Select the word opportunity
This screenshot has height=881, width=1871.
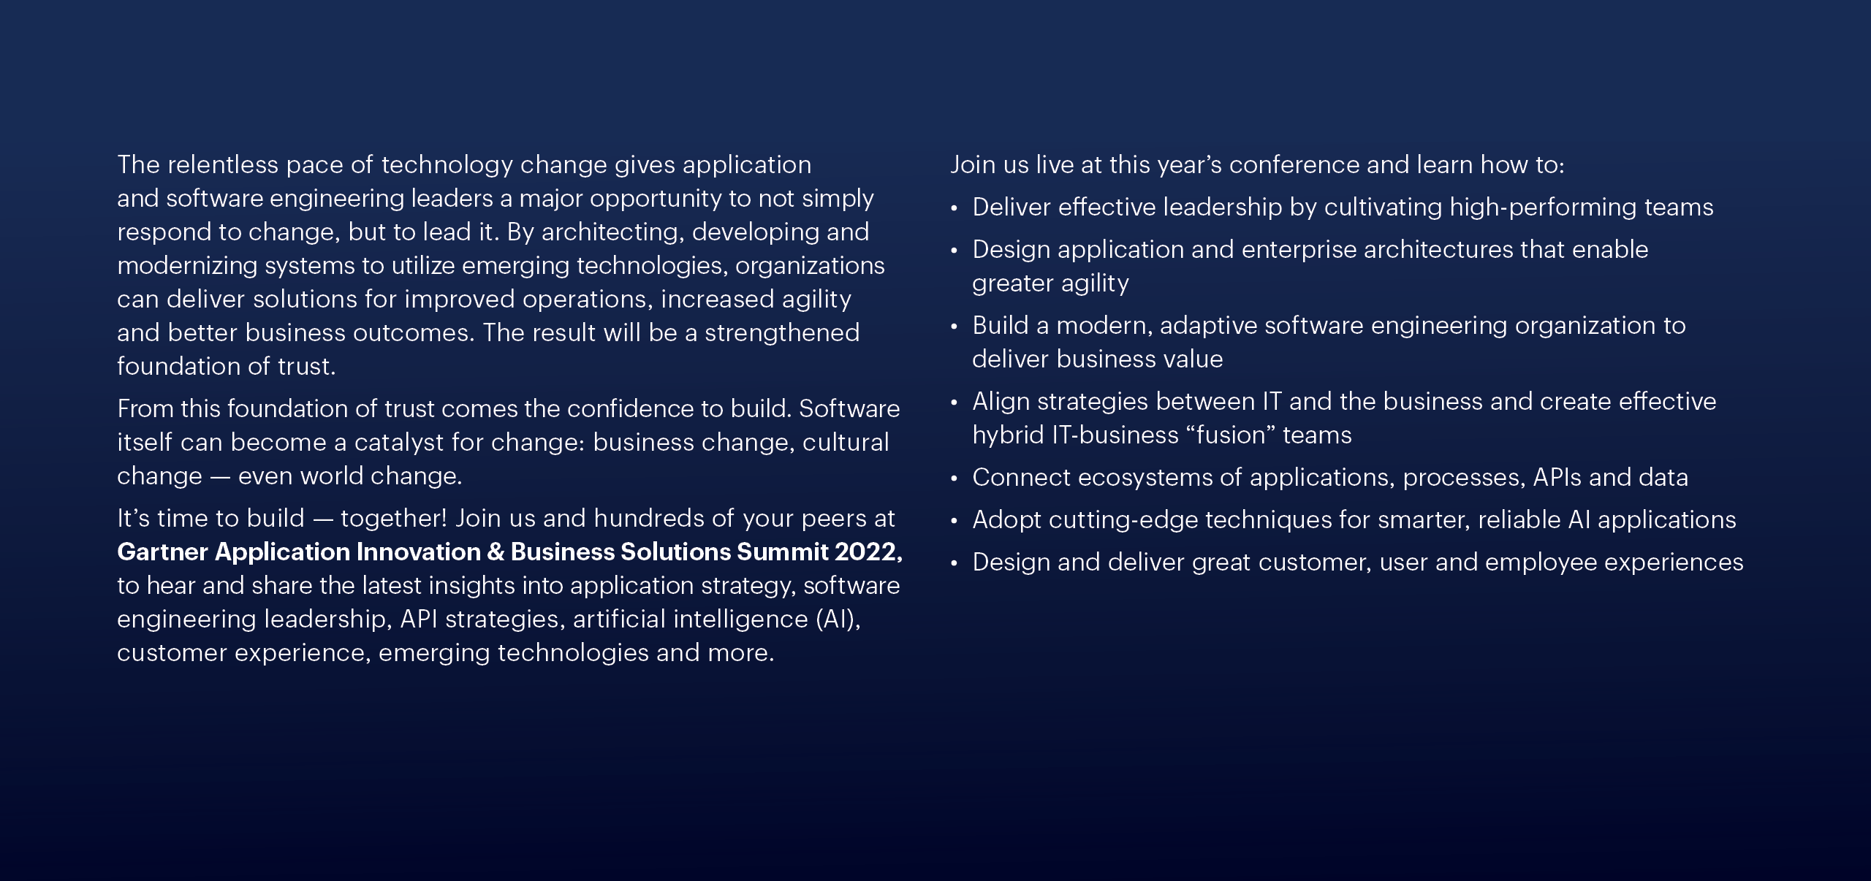[x=656, y=199]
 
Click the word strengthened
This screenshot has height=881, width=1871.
[x=782, y=334]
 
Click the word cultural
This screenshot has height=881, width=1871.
[x=846, y=442]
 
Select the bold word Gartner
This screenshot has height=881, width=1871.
[x=162, y=552]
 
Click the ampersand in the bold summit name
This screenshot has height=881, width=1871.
[x=495, y=552]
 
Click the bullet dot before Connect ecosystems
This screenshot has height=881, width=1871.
[x=955, y=478]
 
